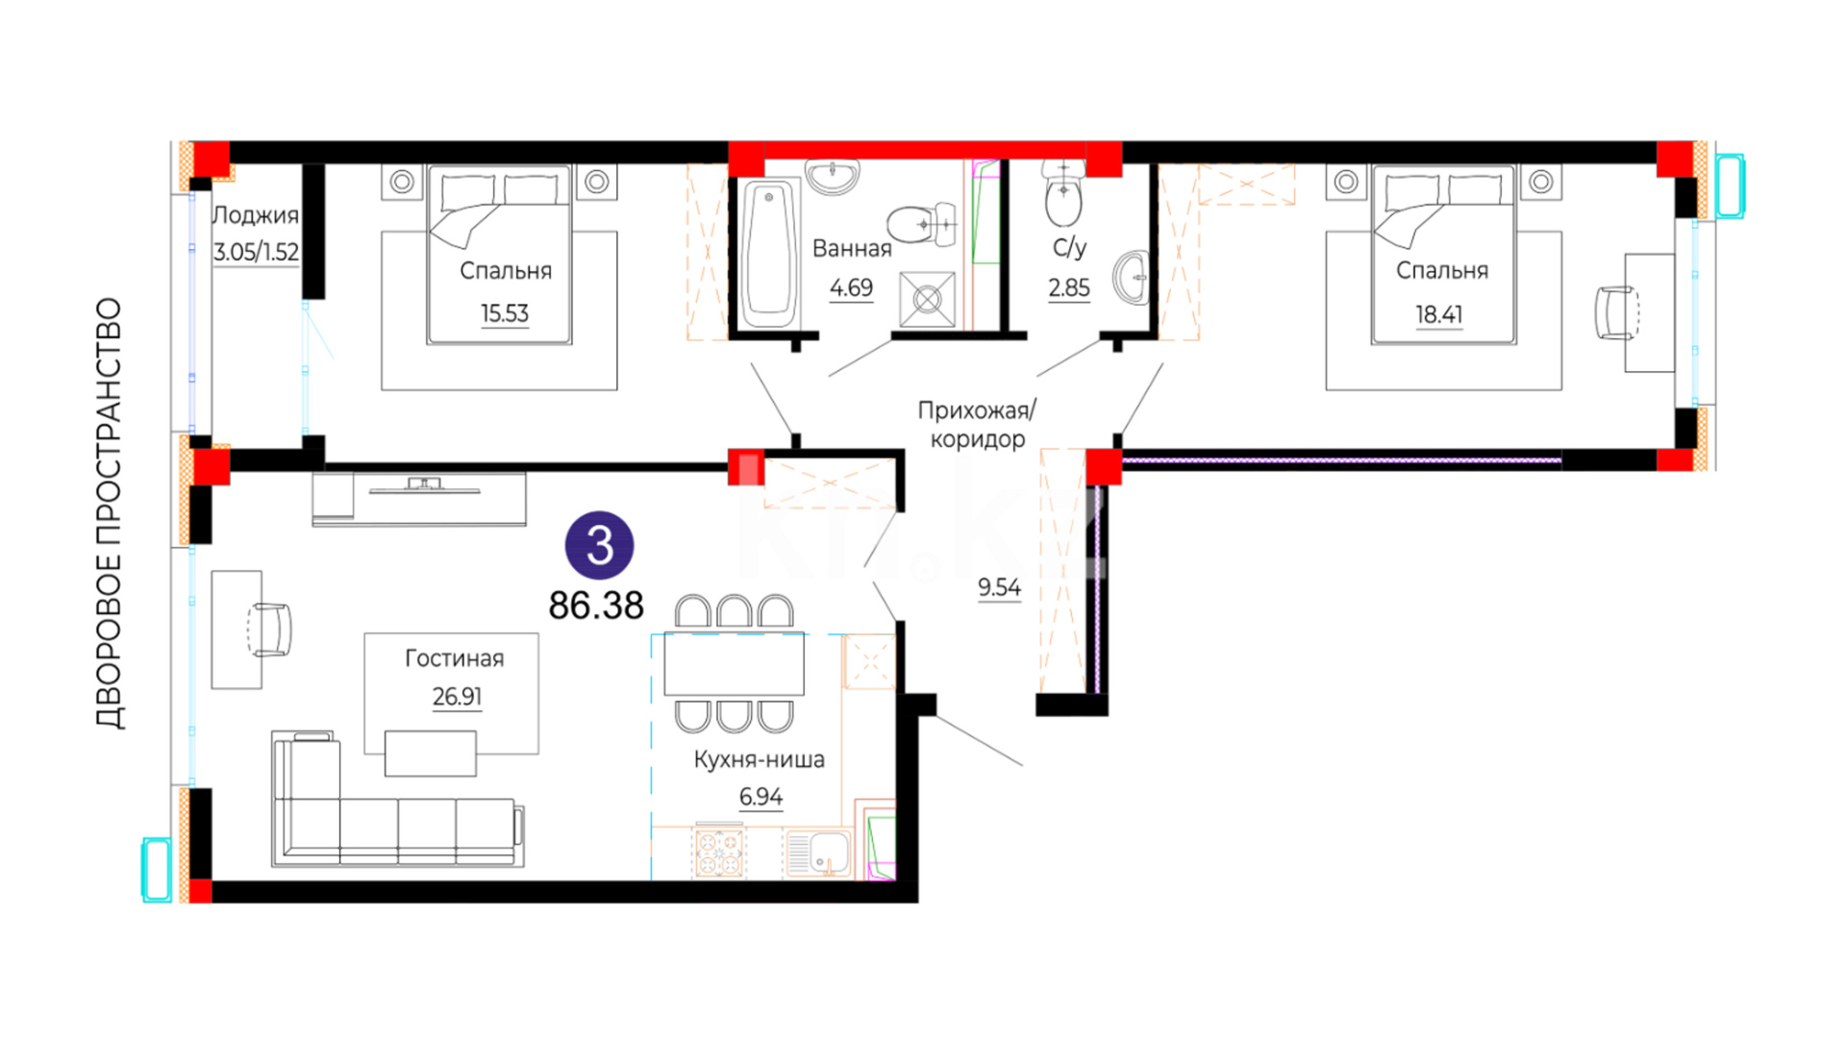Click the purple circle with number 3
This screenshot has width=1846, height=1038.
point(599,545)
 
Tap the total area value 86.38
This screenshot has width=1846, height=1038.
point(596,605)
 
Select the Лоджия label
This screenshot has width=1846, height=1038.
point(255,215)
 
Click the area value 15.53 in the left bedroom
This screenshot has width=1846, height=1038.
point(505,313)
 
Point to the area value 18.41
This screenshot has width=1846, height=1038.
point(1439,314)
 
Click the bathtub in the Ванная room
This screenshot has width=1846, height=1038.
point(769,253)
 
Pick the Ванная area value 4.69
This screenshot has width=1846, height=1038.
point(852,287)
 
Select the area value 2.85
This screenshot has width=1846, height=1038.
point(1069,287)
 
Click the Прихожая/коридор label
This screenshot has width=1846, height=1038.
point(977,425)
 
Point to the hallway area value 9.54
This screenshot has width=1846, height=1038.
point(1000,587)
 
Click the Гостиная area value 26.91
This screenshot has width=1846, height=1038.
point(457,696)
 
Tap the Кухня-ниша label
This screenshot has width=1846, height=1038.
point(760,759)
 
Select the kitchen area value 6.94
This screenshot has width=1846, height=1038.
point(761,797)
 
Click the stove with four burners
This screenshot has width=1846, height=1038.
point(719,853)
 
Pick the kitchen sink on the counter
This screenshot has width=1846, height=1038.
point(818,853)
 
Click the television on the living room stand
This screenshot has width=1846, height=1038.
point(424,486)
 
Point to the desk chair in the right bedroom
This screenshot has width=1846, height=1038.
point(1616,313)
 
